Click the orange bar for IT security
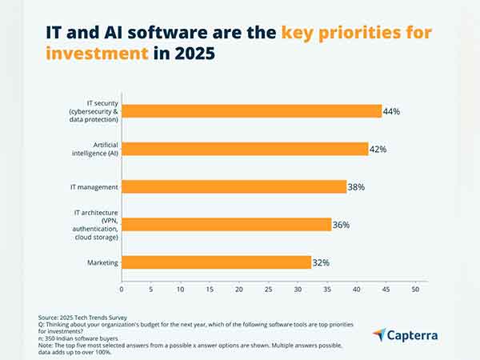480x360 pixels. pyautogui.click(x=251, y=110)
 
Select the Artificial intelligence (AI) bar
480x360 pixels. pyautogui.click(x=245, y=149)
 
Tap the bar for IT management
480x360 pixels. pyautogui.click(x=234, y=186)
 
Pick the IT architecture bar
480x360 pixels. pyautogui.click(x=226, y=225)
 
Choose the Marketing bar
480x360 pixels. pyautogui.click(x=216, y=262)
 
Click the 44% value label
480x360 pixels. pyautogui.click(x=391, y=111)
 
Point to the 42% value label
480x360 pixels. pyautogui.click(x=378, y=149)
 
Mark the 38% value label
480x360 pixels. pyautogui.click(x=356, y=187)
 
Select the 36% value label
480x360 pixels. pyautogui.click(x=341, y=225)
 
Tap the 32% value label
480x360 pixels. pyautogui.click(x=321, y=262)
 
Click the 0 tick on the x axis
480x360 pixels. pyautogui.click(x=122, y=289)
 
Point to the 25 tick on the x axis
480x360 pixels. pyautogui.click(x=268, y=289)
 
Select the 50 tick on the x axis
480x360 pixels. pyautogui.click(x=415, y=289)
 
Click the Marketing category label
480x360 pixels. pyautogui.click(x=102, y=262)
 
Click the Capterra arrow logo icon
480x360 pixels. pyautogui.click(x=379, y=334)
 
